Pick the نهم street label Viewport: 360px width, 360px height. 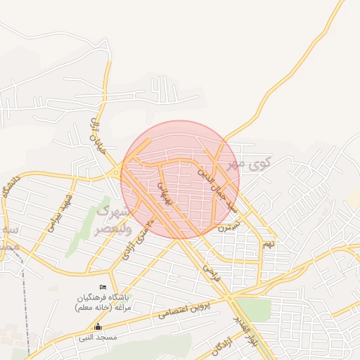[x=269, y=244]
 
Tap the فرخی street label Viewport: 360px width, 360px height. [x=211, y=271]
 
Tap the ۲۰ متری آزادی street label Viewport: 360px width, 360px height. [x=138, y=239]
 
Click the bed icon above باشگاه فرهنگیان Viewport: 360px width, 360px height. [x=103, y=287]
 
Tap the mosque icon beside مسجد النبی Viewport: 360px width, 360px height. [x=98, y=327]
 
